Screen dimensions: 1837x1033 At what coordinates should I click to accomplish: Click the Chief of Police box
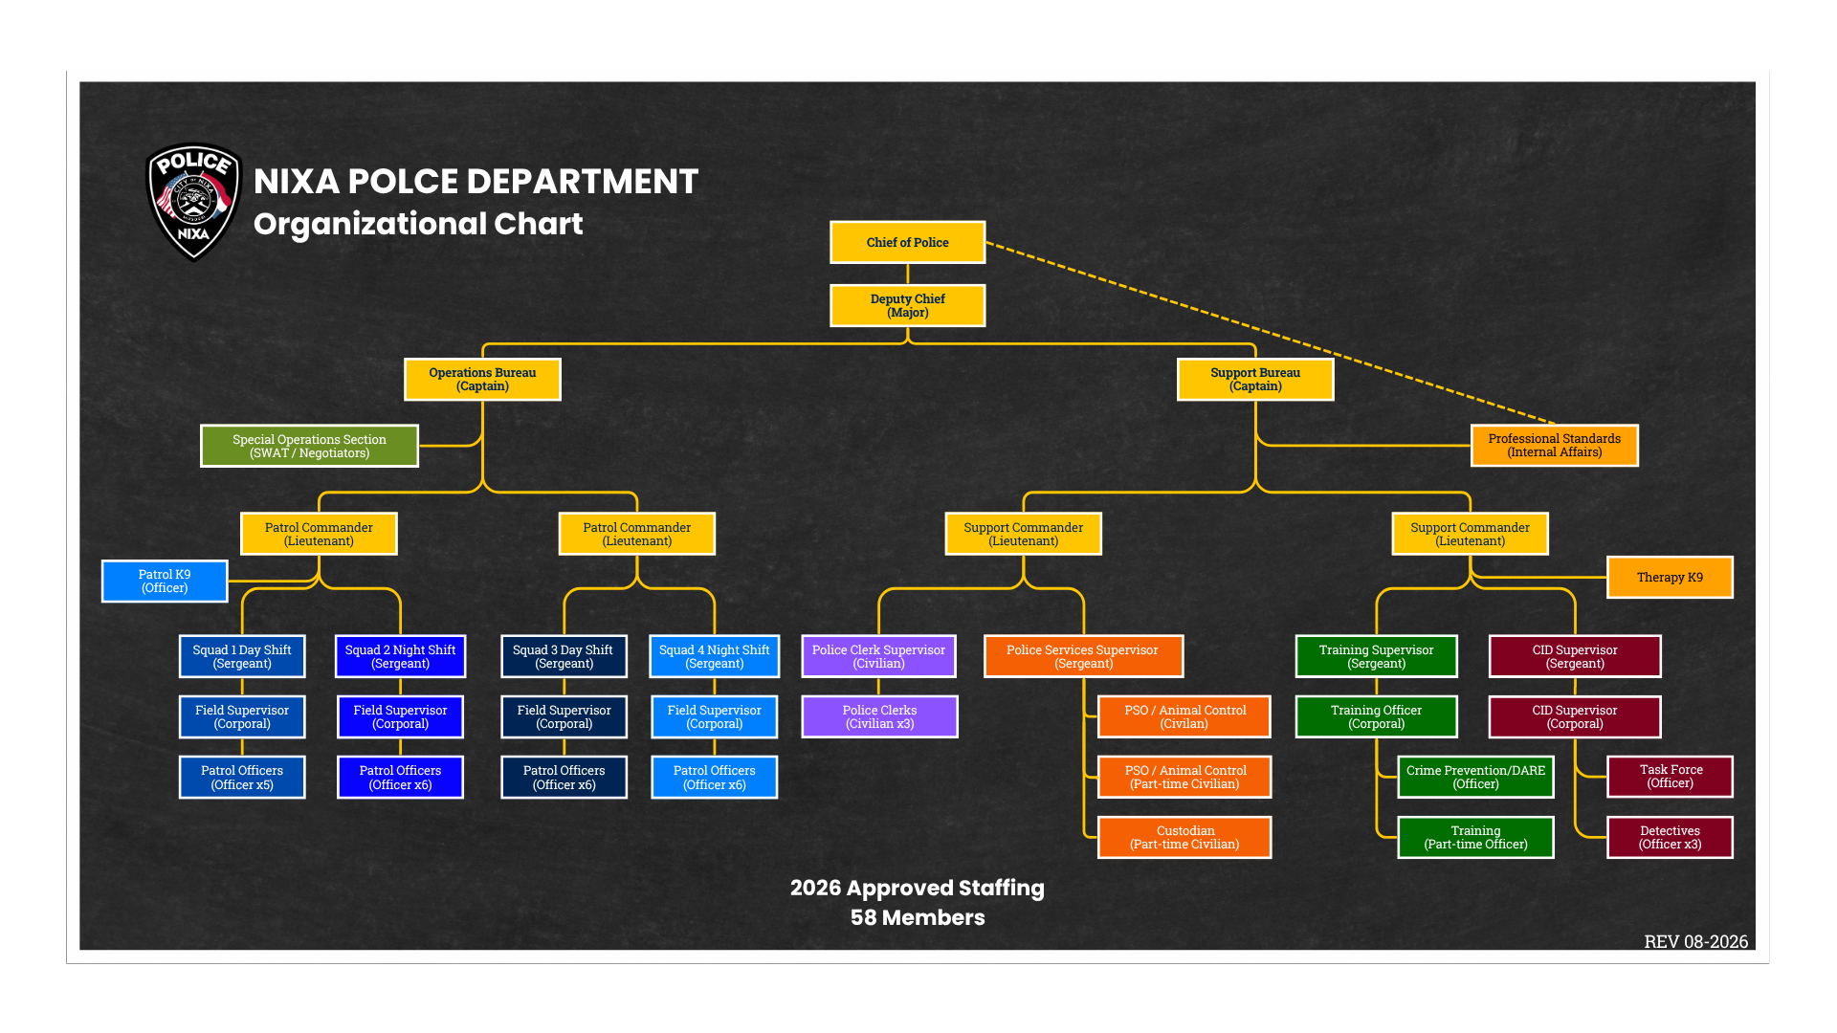[x=907, y=242]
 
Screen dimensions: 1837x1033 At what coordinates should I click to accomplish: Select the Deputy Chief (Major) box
[x=907, y=306]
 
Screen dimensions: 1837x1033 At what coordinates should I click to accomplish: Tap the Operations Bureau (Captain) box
[x=482, y=380]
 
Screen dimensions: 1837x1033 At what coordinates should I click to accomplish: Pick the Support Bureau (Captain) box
[x=1255, y=380]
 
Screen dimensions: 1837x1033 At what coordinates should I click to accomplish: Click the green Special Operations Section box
[x=309, y=446]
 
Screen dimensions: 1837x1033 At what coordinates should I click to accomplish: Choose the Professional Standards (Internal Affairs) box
[x=1554, y=446]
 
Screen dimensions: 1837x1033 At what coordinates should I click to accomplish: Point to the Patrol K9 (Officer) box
[x=165, y=582]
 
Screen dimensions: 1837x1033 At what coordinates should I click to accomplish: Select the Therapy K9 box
[x=1670, y=578]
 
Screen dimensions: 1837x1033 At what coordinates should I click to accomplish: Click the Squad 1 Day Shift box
[x=242, y=656]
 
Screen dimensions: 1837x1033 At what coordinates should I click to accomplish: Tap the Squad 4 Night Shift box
[x=714, y=656]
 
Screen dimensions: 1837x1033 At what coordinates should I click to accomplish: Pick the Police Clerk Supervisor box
[x=878, y=656]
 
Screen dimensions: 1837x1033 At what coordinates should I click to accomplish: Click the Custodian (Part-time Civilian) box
[x=1184, y=838]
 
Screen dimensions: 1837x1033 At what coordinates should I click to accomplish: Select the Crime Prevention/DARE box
[x=1475, y=777]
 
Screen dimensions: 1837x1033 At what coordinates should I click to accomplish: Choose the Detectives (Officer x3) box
[x=1670, y=838]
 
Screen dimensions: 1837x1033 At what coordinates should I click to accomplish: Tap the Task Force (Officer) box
[x=1670, y=777]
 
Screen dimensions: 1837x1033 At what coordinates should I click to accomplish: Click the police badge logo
[x=194, y=202]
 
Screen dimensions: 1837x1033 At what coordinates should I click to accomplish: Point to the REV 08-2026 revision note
[x=1695, y=941]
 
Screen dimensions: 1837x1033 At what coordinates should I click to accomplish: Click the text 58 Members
[x=918, y=918]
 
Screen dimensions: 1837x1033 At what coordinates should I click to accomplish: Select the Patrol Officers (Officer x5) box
[x=242, y=778]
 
